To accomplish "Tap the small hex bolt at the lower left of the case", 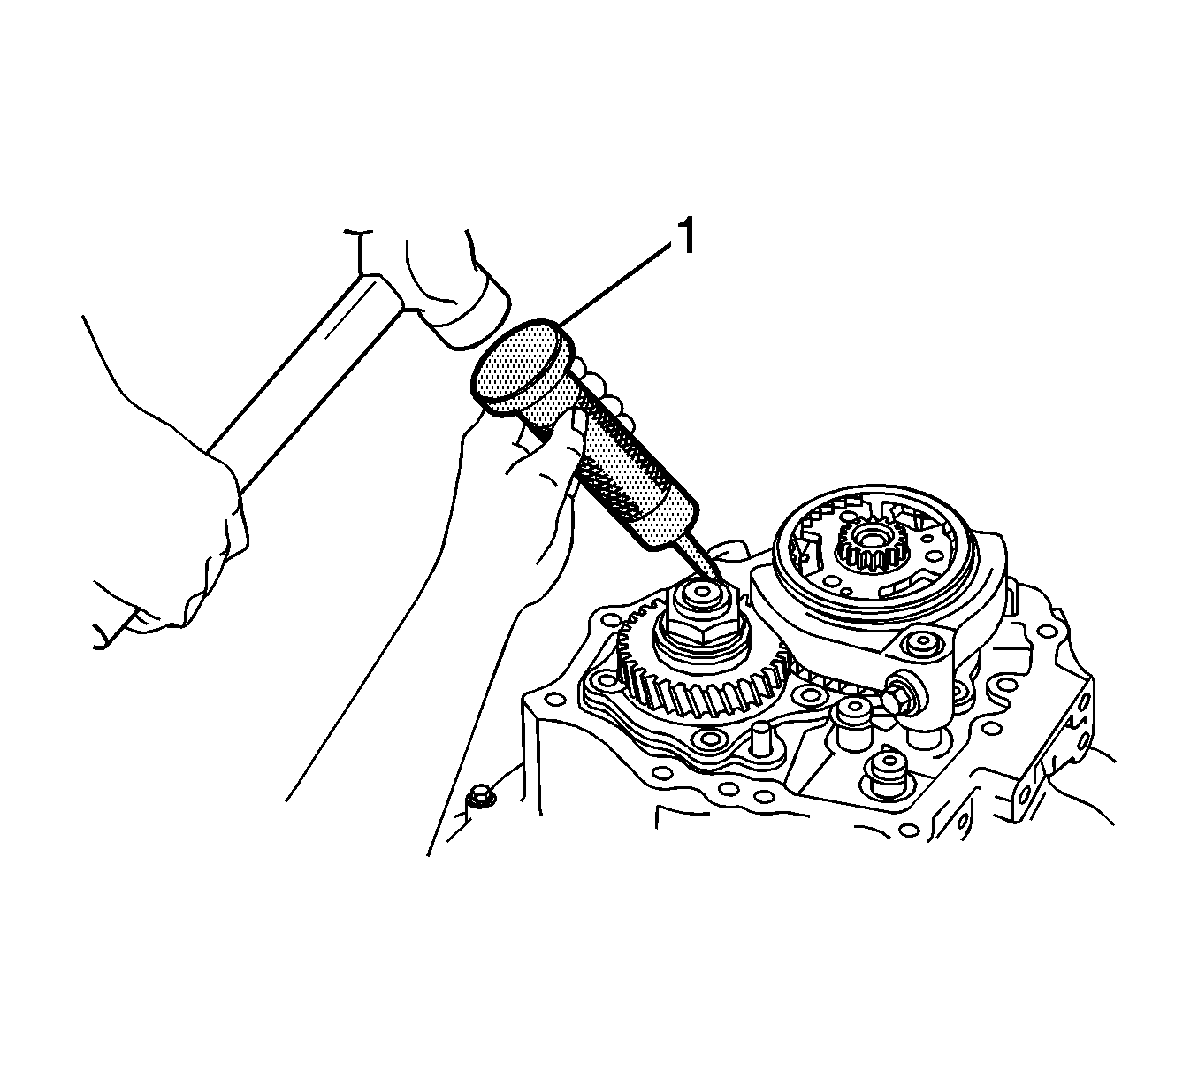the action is pos(481,796).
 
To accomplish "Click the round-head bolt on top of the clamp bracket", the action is pos(923,645).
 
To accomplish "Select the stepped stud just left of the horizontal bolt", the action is pos(852,723).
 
